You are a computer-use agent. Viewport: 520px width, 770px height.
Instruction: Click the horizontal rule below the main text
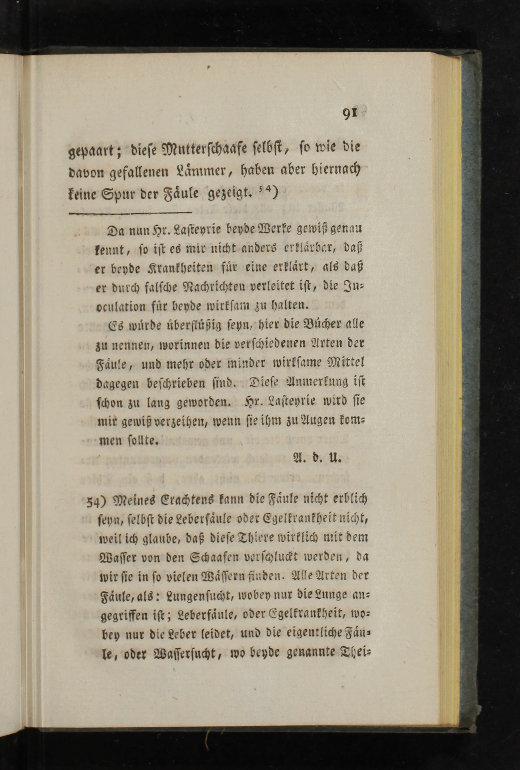(x=130, y=213)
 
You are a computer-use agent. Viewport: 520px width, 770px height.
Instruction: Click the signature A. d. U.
(x=317, y=458)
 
